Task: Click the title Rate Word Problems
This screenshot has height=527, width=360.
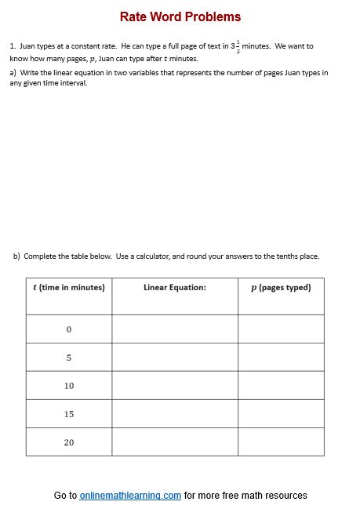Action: pos(180,16)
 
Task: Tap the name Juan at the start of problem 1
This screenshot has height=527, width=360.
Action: pos(27,46)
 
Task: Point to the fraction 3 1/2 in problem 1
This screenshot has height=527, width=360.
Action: pos(235,46)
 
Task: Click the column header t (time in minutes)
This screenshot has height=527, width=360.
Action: pos(68,287)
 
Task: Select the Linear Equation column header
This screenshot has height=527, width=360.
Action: pos(175,287)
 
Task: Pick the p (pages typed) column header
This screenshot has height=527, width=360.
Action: pos(281,287)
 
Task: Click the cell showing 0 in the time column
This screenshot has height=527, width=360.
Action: pos(69,329)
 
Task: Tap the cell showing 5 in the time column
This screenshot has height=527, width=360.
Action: pos(69,358)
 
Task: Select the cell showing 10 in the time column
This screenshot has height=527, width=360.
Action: pos(69,386)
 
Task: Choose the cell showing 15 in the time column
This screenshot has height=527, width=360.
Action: pos(69,414)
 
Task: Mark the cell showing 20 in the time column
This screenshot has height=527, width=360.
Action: pos(69,442)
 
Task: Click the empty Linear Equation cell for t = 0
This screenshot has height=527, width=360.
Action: pos(175,329)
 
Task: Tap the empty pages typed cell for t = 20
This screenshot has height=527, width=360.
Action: pos(281,442)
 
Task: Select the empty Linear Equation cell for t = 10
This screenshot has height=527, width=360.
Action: pos(175,386)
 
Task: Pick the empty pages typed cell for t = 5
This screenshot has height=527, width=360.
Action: pos(281,358)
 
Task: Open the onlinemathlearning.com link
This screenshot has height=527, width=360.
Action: pos(130,496)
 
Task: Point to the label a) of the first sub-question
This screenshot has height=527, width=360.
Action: pos(13,73)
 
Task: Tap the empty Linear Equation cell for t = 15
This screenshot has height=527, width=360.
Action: pos(175,414)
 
